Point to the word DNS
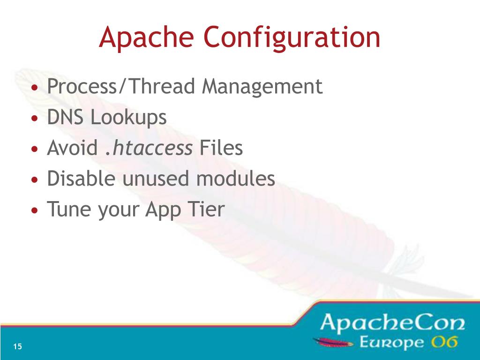click(66, 117)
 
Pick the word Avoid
click(72, 148)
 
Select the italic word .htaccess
click(148, 148)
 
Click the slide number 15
click(18, 347)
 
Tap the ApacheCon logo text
click(393, 323)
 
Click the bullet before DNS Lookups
click(35, 119)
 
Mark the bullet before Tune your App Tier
click(35, 211)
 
